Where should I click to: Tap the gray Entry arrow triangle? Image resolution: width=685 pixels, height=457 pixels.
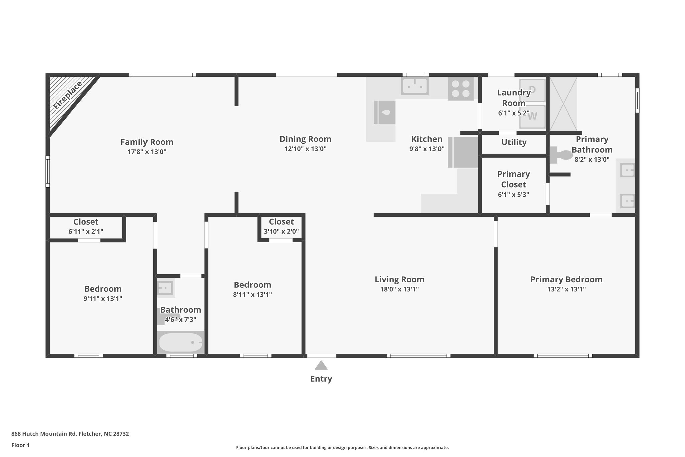[321, 365]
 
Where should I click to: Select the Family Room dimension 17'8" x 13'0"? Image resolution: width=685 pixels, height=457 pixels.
[147, 152]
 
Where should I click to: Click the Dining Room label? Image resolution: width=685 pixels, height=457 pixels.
[305, 139]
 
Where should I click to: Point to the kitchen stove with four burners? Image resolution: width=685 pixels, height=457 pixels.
[460, 89]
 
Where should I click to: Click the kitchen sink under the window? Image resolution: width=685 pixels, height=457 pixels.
[415, 86]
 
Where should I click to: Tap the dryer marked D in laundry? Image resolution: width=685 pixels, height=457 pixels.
[532, 90]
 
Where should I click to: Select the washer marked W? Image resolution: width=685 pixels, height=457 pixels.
[532, 116]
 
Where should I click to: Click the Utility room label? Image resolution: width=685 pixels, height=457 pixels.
[514, 142]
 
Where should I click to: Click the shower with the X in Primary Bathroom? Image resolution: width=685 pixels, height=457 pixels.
[563, 103]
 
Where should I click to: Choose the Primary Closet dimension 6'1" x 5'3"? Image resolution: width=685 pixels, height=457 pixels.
[513, 195]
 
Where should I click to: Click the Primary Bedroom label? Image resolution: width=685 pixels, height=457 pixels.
[566, 279]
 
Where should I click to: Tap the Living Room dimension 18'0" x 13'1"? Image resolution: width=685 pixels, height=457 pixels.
[399, 289]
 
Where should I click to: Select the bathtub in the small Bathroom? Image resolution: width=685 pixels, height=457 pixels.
[181, 342]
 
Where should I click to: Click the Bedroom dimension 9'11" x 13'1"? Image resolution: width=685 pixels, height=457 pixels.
[103, 299]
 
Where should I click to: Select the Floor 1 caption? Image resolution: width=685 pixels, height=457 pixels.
[20, 445]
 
